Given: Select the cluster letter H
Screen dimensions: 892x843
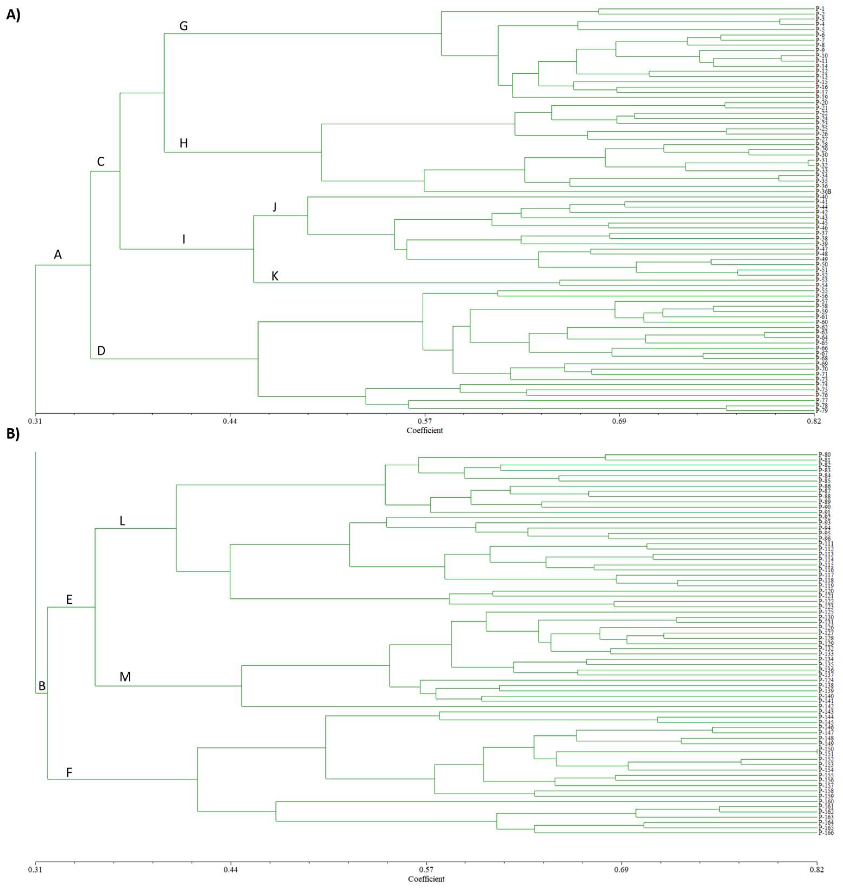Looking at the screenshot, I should tap(183, 144).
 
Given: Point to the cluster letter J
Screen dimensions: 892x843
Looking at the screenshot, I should tap(275, 207).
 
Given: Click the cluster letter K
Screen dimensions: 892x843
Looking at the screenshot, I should tap(275, 276).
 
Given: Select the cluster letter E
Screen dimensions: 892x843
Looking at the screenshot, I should tap(69, 600).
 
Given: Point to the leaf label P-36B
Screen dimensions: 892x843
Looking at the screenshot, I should tap(824, 192).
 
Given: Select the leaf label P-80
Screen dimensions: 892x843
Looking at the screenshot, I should tap(825, 455).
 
